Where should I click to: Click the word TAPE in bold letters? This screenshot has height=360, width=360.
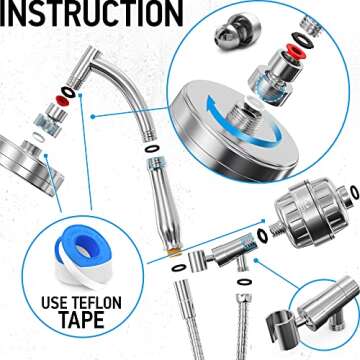pos(77,327)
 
